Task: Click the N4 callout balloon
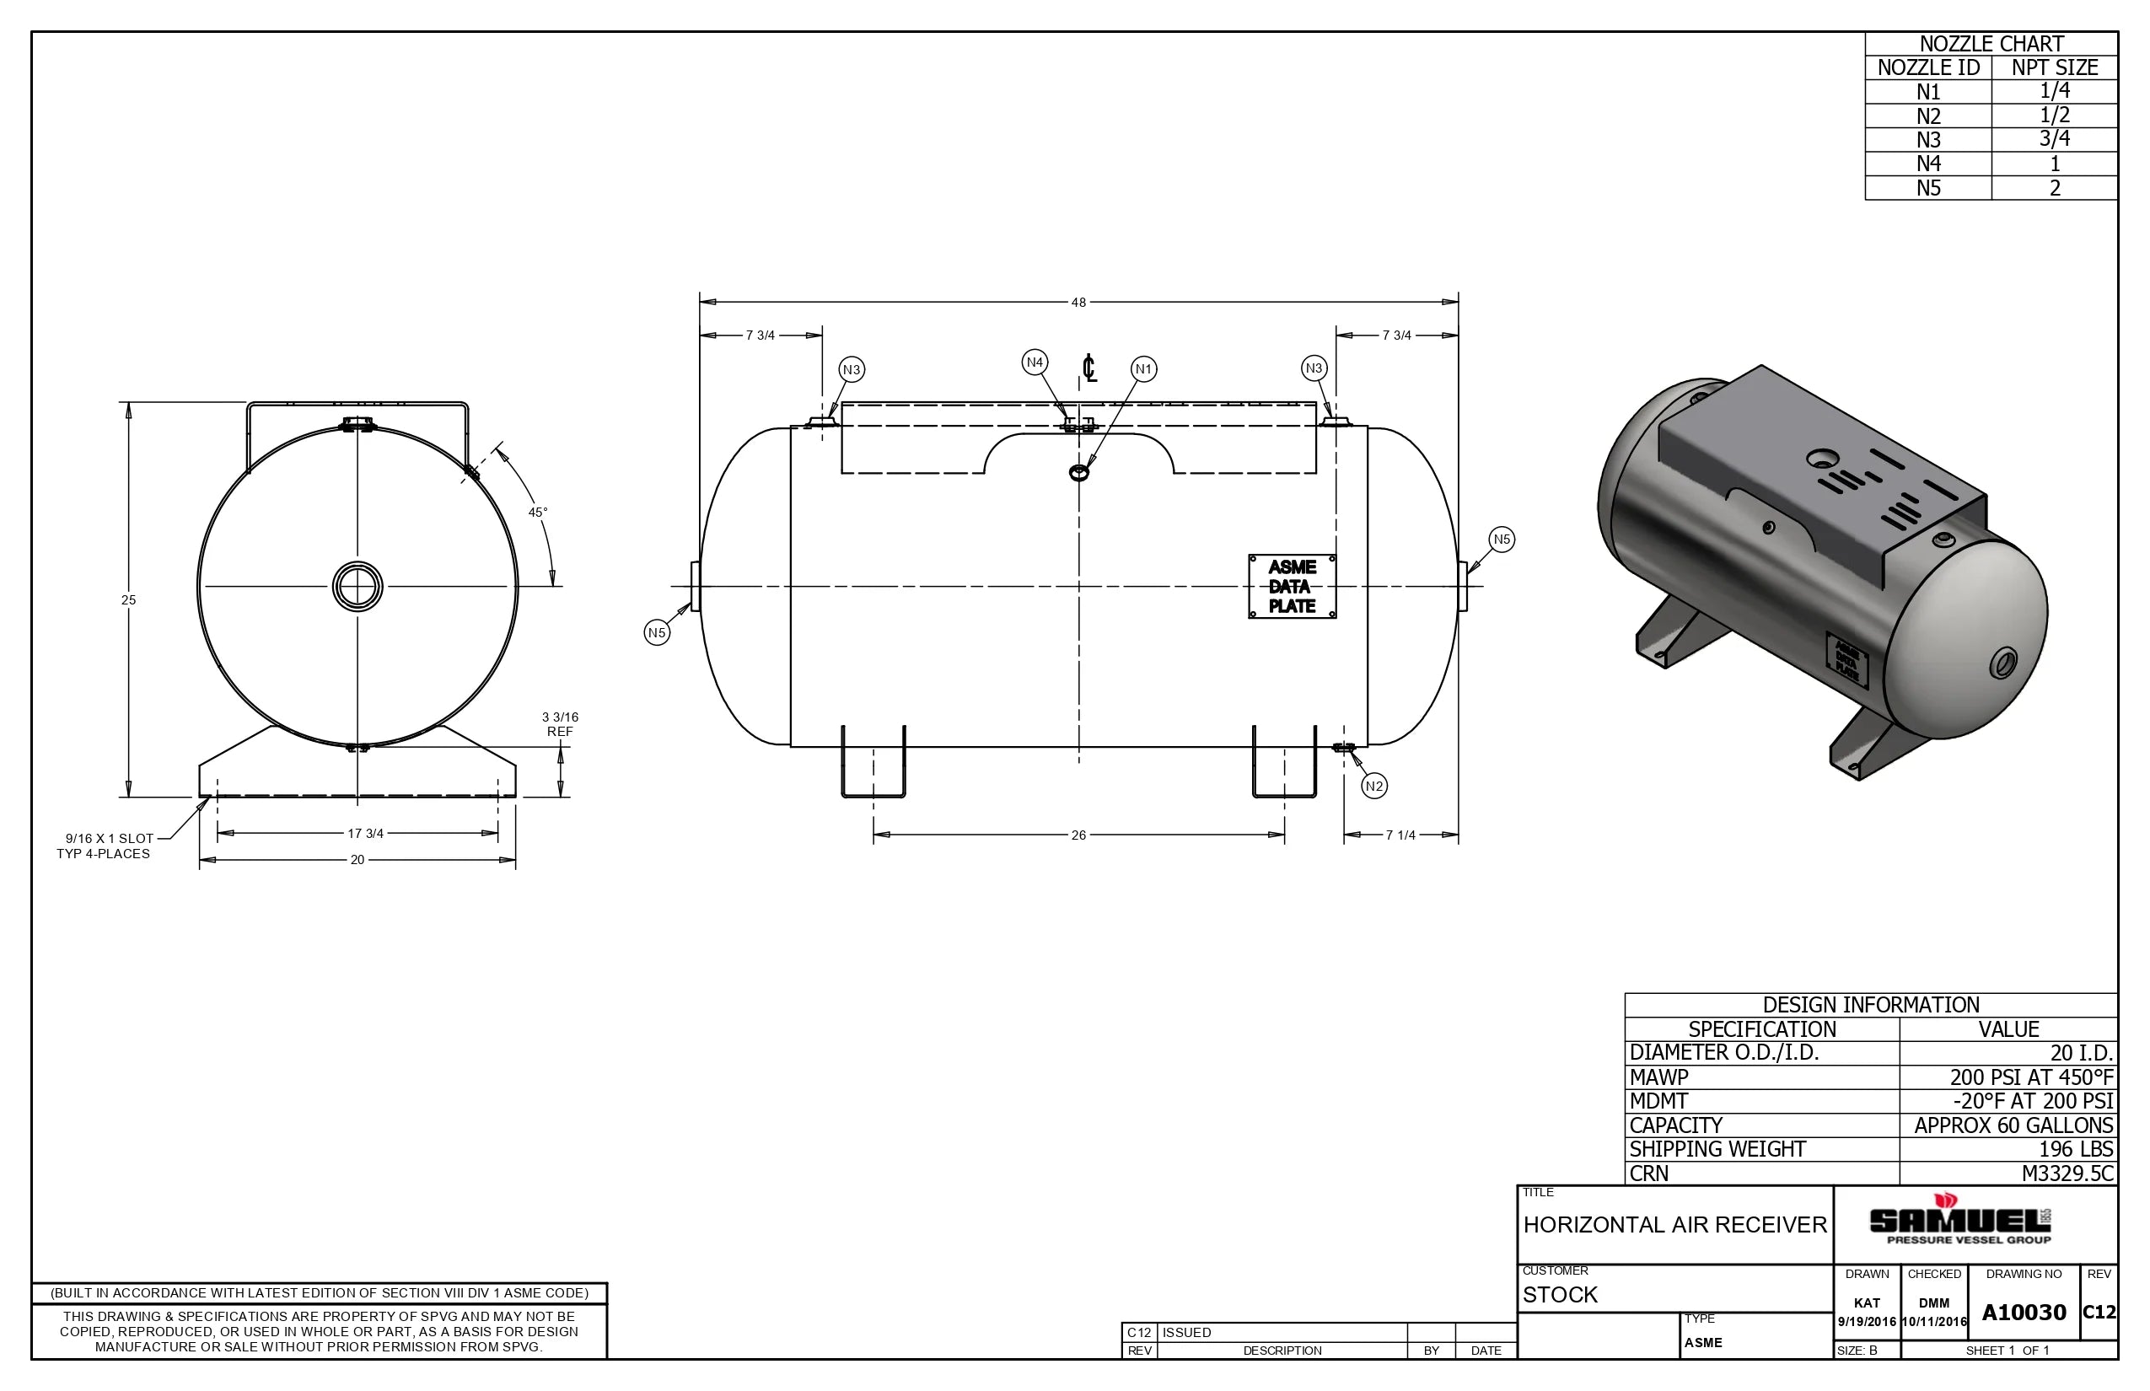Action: coord(1035,363)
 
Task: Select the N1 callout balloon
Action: coord(1143,368)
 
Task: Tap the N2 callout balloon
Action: coord(1374,786)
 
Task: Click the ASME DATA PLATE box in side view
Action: coord(1292,586)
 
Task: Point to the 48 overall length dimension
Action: coord(1078,303)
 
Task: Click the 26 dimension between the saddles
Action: coord(1078,835)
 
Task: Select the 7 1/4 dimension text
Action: coord(1400,835)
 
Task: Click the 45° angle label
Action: coord(538,513)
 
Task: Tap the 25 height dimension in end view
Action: coord(128,599)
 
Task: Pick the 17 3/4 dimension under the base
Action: coord(365,834)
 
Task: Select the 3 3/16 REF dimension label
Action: coord(560,724)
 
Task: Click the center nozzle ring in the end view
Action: coord(357,586)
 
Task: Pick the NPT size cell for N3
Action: coord(2053,139)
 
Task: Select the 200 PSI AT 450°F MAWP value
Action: coord(2031,1077)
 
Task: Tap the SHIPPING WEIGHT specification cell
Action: coord(1717,1149)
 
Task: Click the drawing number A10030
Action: coord(2024,1313)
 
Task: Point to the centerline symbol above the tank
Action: coord(1089,368)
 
